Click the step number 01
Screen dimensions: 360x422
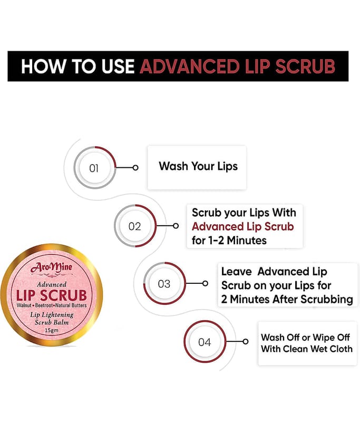pyautogui.click(x=94, y=168)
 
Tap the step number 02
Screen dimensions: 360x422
pyautogui.click(x=134, y=226)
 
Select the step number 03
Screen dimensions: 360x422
pyautogui.click(x=164, y=284)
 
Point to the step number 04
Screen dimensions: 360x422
pyautogui.click(x=205, y=342)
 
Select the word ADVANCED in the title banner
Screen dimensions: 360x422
pyautogui.click(x=189, y=66)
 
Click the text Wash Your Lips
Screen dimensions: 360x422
pyautogui.click(x=198, y=166)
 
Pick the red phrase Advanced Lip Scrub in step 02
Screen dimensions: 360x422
pyautogui.click(x=243, y=227)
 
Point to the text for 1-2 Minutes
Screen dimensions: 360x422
pyautogui.click(x=229, y=241)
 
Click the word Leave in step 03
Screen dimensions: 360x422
pyautogui.click(x=236, y=272)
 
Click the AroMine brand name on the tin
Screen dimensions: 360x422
pyautogui.click(x=51, y=267)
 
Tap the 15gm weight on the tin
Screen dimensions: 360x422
pyautogui.click(x=51, y=331)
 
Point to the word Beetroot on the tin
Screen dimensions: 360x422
pyautogui.click(x=44, y=305)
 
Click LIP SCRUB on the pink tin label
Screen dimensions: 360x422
pyautogui.click(x=51, y=295)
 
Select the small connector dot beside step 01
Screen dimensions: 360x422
pyautogui.click(x=135, y=168)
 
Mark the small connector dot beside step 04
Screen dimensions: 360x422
pyautogui.click(x=245, y=341)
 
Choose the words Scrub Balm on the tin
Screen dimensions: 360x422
pyautogui.click(x=52, y=322)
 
